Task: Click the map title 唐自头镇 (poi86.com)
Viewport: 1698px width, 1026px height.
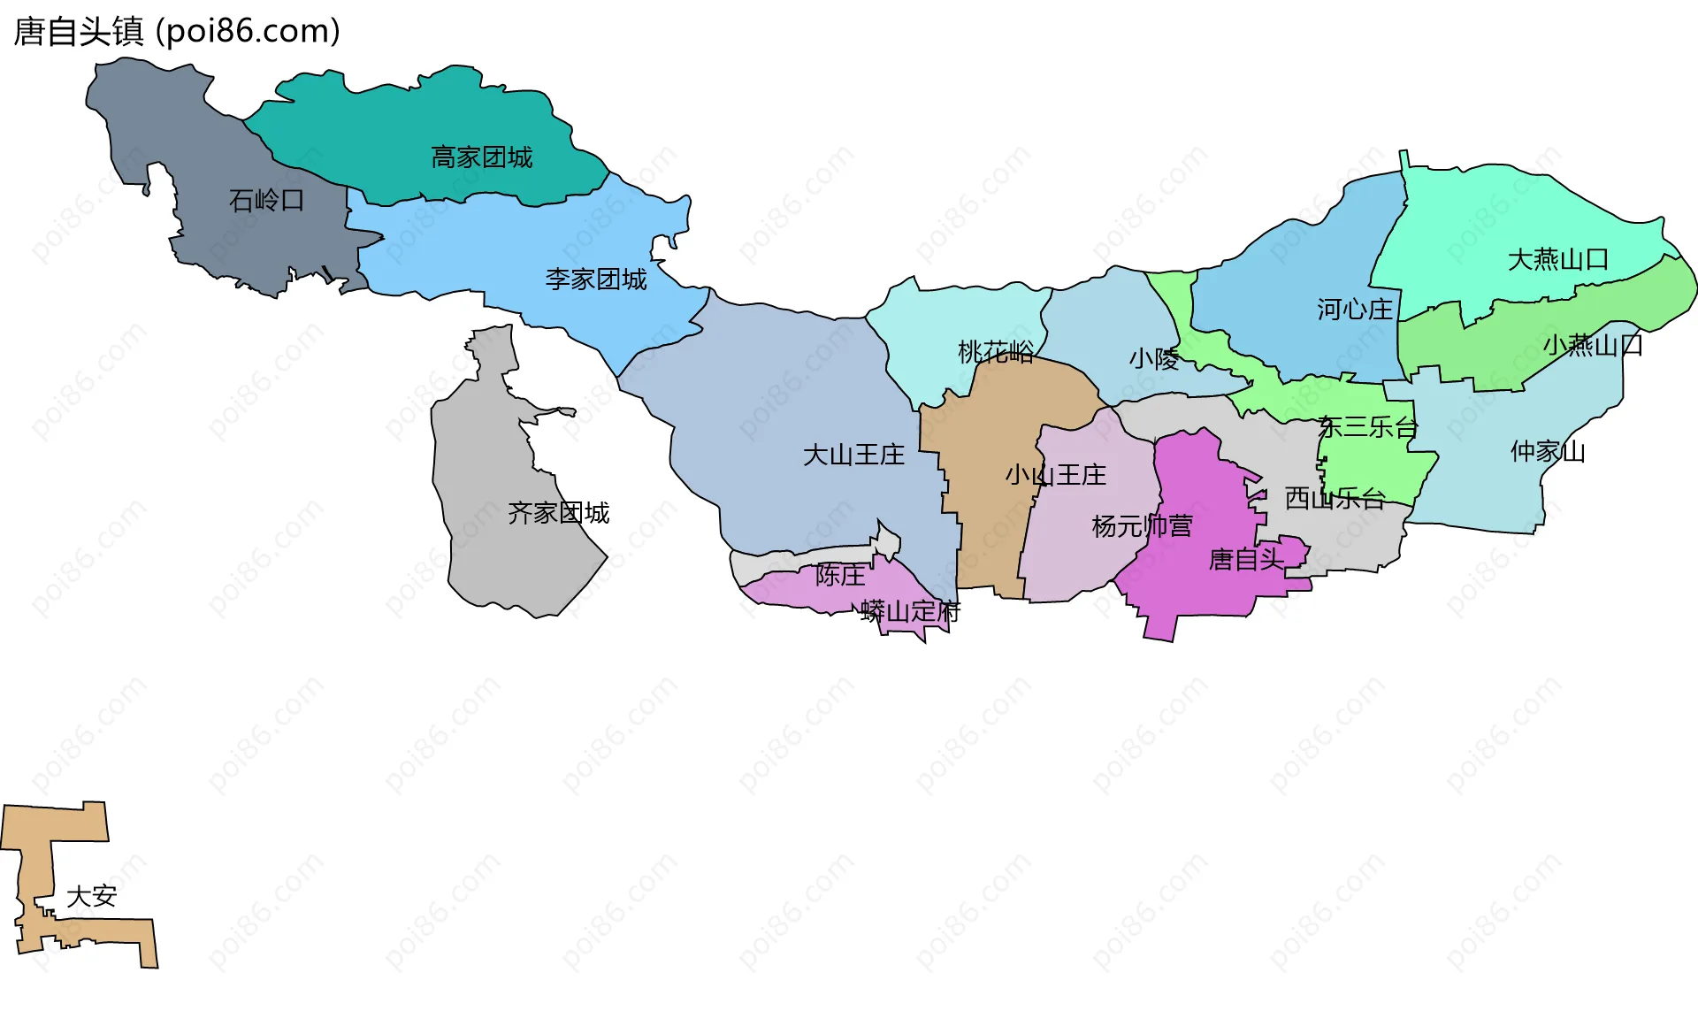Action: click(177, 32)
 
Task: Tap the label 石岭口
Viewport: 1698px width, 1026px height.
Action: click(266, 201)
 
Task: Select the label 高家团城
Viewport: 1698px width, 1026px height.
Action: click(481, 157)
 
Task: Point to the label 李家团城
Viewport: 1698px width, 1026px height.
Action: click(595, 279)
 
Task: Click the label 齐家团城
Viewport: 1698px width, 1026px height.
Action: click(558, 513)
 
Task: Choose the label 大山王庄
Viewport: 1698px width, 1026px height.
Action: click(853, 455)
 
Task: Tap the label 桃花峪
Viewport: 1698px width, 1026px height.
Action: click(995, 352)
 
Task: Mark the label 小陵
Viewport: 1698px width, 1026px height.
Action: click(1153, 358)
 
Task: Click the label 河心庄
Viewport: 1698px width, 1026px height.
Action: click(1354, 310)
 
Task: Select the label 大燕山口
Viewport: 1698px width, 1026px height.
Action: click(1557, 259)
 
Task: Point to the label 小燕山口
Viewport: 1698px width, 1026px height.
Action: click(1592, 344)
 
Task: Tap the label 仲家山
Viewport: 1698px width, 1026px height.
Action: click(1548, 451)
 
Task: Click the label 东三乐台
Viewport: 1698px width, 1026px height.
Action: click(1367, 427)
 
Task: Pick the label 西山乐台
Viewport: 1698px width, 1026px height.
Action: click(1334, 498)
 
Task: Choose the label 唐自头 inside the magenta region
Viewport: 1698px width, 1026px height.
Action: click(1245, 559)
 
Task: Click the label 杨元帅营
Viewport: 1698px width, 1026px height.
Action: click(1142, 526)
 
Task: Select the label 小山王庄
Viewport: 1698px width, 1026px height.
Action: click(1055, 475)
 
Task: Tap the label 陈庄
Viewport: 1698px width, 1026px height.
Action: click(840, 575)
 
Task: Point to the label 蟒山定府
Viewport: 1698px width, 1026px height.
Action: click(910, 611)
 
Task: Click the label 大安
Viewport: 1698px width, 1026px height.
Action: click(91, 896)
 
